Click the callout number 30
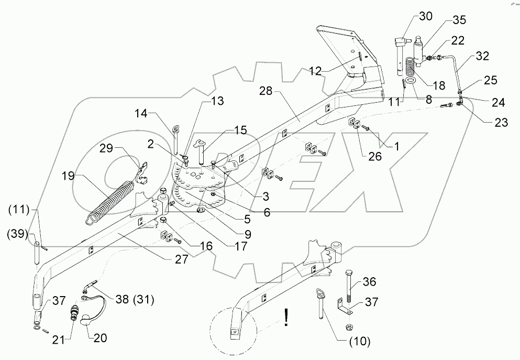tap(426, 16)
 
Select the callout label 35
tap(459, 21)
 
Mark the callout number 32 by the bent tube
tap(482, 56)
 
